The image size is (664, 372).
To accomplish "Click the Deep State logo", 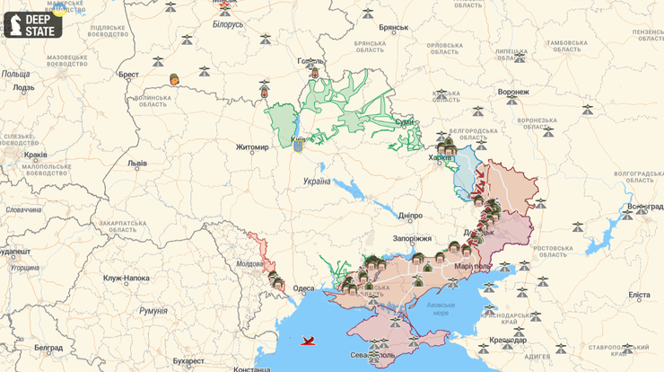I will (33, 23).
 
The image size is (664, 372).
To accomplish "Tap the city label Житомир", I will (251, 147).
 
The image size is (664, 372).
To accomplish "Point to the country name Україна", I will (316, 182).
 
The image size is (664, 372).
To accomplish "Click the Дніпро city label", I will (410, 216).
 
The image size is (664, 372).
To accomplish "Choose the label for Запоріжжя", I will (412, 239).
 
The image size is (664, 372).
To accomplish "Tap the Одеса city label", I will (304, 288).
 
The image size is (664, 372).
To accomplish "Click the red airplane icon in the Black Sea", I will (310, 340).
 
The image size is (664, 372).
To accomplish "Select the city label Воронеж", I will (513, 92).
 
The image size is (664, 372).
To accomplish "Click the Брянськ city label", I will (393, 28).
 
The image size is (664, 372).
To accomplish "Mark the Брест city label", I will (128, 75).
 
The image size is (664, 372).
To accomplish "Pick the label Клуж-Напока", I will (126, 279).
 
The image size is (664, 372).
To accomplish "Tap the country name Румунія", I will (153, 311).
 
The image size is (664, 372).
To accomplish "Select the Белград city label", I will (48, 347).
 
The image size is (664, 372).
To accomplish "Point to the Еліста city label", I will (639, 295).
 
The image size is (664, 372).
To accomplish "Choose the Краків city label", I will (37, 154).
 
